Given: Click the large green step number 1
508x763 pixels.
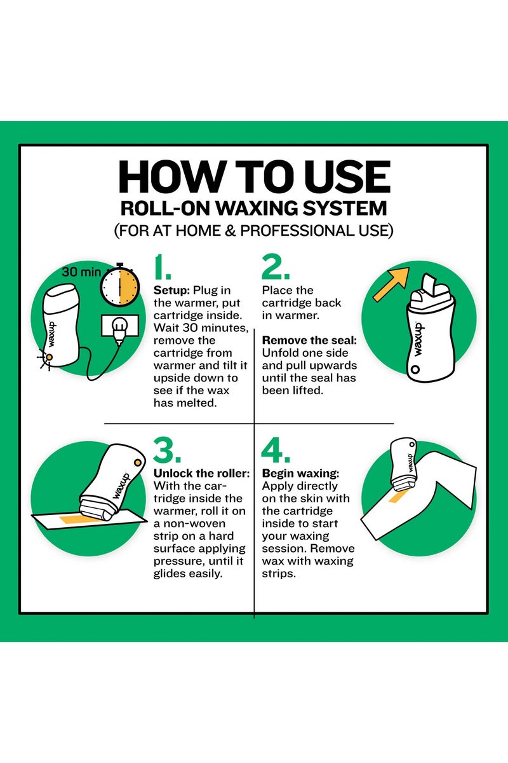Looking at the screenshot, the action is [x=163, y=266].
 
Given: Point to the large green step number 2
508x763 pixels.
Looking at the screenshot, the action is [x=276, y=266].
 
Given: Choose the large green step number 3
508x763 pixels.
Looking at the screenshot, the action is [x=167, y=450].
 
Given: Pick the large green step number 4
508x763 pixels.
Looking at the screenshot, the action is [x=276, y=450].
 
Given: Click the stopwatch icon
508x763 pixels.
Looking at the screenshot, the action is [x=120, y=285].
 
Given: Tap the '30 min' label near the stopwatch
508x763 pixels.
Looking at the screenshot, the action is [x=82, y=272].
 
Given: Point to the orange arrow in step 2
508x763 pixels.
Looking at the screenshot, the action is [x=391, y=284].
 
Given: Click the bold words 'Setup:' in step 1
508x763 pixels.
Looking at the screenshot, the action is [x=171, y=290].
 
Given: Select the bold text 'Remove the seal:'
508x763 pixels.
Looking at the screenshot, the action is [x=309, y=340].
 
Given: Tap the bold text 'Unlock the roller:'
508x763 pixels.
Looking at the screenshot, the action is [x=201, y=474].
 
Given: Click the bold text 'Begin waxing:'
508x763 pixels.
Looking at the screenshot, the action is [x=300, y=474].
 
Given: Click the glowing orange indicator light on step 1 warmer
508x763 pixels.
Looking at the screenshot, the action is [x=49, y=357].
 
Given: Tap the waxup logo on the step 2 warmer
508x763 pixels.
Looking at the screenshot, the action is [x=418, y=340].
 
